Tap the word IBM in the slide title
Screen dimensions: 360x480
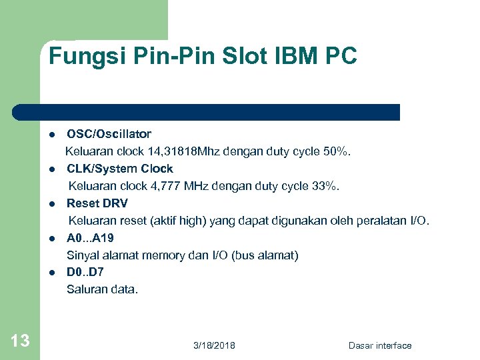point(301,56)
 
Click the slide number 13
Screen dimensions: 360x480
point(20,341)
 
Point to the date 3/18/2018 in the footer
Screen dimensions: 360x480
point(214,345)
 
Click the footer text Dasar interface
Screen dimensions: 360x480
point(380,345)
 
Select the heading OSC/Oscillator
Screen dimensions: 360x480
point(109,134)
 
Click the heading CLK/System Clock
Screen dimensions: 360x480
point(119,169)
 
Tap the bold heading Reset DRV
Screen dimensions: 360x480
point(97,203)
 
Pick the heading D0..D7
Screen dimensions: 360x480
point(85,272)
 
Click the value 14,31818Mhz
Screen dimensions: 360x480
point(194,151)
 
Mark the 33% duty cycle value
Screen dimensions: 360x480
point(326,186)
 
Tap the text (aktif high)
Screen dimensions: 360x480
point(175,221)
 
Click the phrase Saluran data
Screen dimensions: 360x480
point(102,289)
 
